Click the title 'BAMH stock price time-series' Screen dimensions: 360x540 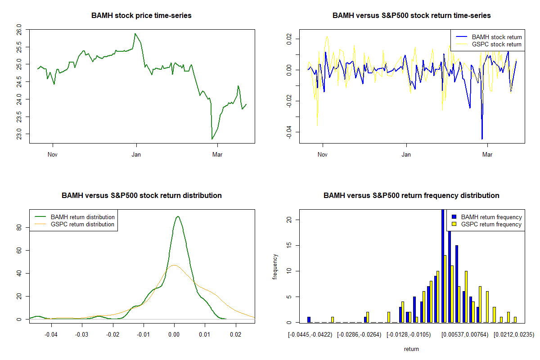141,16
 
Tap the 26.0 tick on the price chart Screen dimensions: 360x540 18,30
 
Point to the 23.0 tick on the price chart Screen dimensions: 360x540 18,134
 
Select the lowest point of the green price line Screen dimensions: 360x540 212,139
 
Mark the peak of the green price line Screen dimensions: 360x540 135,34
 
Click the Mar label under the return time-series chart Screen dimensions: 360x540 487,154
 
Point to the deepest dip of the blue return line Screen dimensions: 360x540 482,139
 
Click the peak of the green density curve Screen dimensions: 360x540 178,216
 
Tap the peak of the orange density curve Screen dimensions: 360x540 174,265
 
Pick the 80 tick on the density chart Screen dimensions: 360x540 19,228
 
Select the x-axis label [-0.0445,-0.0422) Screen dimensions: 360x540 310,334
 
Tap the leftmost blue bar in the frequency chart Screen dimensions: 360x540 309,319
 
